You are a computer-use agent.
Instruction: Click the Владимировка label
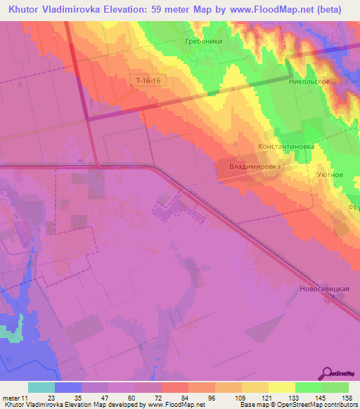point(255,167)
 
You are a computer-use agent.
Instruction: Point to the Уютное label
point(330,174)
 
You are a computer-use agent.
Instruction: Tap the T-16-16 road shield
point(149,81)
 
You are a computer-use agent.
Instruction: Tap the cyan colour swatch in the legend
point(41,387)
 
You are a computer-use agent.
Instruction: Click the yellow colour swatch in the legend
point(282,387)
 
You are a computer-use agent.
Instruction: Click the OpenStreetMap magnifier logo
point(328,373)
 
